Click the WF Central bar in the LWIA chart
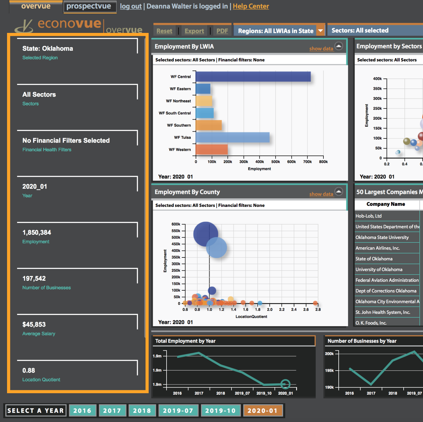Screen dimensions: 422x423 (x=253, y=77)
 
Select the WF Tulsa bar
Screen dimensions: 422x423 (x=232, y=137)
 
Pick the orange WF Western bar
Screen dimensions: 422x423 (x=211, y=149)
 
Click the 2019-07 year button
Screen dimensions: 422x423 (x=178, y=411)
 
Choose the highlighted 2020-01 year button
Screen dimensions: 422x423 (x=262, y=411)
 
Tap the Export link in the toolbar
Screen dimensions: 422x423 (x=194, y=31)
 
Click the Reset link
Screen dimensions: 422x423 (x=164, y=31)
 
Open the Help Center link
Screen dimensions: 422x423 (x=251, y=6)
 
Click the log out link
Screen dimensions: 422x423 (x=131, y=6)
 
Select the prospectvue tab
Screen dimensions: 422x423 (x=89, y=6)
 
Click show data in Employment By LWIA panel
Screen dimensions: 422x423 (x=321, y=48)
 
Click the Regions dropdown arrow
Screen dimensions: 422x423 (x=320, y=31)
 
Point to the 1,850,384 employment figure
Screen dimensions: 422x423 (x=37, y=232)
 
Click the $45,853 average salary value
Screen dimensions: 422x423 (x=34, y=324)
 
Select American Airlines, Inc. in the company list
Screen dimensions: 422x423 (x=377, y=248)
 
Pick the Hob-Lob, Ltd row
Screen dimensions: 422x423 (x=368, y=216)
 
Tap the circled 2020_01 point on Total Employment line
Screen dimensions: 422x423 (x=285, y=384)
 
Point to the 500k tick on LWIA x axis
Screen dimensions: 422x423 (x=276, y=162)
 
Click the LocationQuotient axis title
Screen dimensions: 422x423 (x=251, y=316)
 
